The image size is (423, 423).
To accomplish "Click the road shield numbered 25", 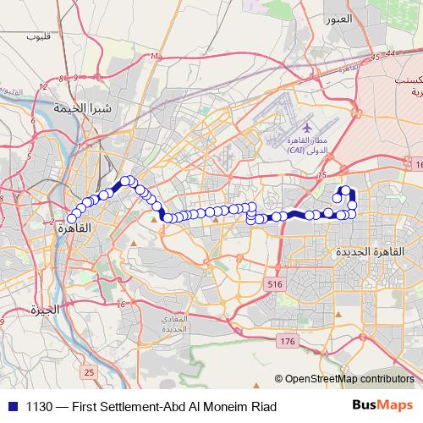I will pyautogui.click(x=89, y=371).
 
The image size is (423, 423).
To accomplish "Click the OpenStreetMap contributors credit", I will pyautogui.click(x=349, y=378).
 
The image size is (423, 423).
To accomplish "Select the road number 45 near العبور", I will pyautogui.click(x=375, y=58).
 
